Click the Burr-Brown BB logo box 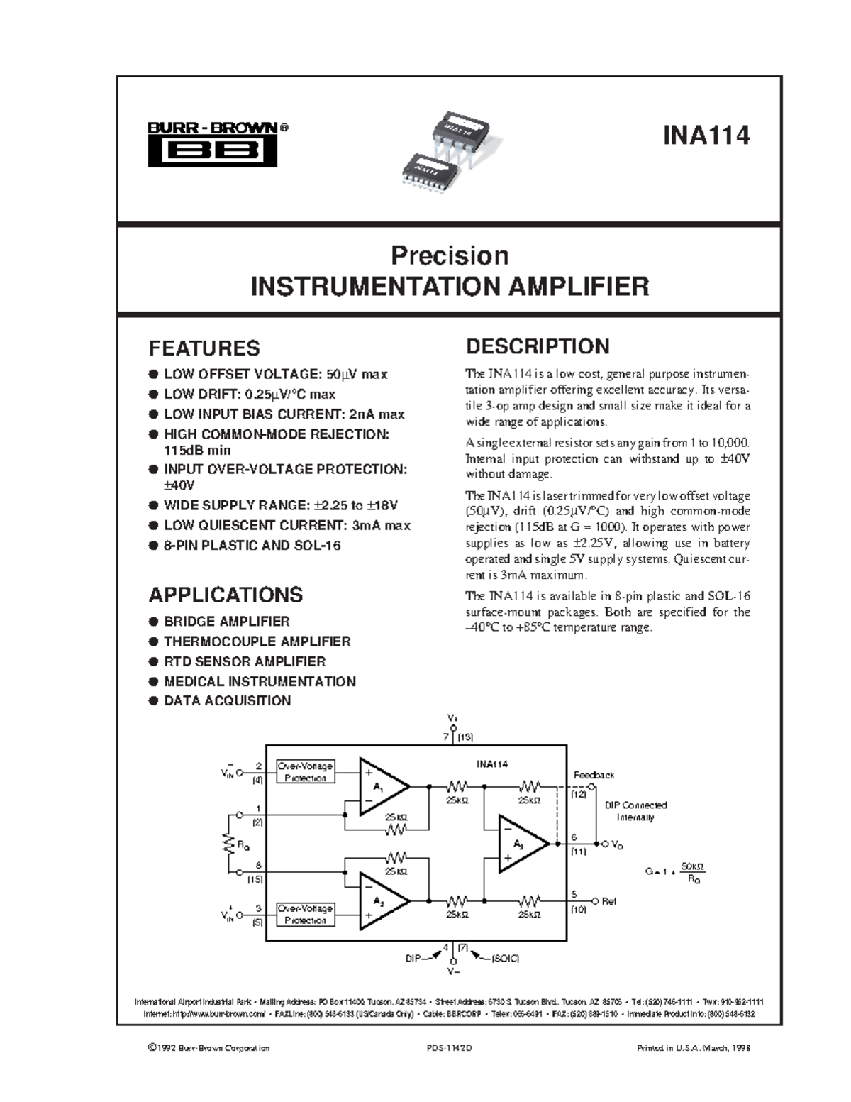coord(212,151)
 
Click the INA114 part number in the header coord(706,135)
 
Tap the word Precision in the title coord(450,255)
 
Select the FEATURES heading coord(204,348)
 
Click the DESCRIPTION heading coord(537,346)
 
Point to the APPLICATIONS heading coord(226,595)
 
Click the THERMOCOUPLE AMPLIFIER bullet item coord(257,641)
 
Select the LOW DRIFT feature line coord(249,395)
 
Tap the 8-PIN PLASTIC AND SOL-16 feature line coord(252,546)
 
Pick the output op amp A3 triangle coord(521,844)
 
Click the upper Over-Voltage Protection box coord(305,772)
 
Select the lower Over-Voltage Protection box coord(305,914)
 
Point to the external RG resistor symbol coord(228,844)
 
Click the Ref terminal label coord(608,901)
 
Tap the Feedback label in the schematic coord(594,775)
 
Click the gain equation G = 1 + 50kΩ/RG coord(675,872)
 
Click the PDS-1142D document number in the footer coord(449,1047)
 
